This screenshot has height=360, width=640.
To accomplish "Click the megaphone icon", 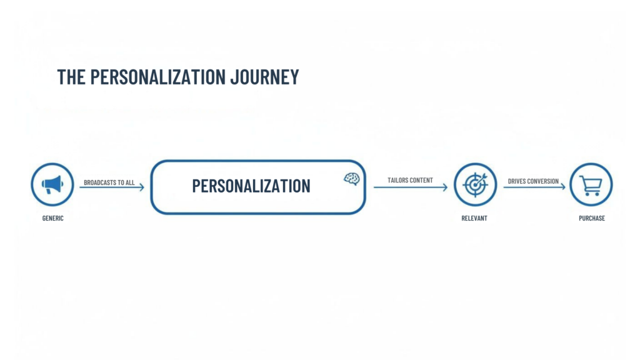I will click(52, 184).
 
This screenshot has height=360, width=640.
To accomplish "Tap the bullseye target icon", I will click(475, 184).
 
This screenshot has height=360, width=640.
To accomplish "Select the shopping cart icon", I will click(591, 184).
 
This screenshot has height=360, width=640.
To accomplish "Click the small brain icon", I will click(352, 179).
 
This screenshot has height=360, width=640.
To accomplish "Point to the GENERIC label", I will click(52, 218).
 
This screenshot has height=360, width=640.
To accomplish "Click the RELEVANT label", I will click(474, 218).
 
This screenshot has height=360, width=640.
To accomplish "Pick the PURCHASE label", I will click(591, 218).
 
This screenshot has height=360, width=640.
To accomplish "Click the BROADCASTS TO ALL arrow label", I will click(109, 182).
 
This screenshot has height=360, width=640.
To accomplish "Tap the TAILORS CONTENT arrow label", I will click(410, 181).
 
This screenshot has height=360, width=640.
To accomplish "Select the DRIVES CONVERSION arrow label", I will click(533, 181).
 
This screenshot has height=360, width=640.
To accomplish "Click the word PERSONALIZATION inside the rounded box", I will click(251, 186).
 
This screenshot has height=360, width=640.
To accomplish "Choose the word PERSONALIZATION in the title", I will click(157, 77).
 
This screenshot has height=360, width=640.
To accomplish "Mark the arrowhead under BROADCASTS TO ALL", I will click(142, 187).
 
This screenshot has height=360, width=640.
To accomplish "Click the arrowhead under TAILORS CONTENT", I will click(445, 187).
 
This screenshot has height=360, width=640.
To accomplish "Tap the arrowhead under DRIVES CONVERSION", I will click(562, 186).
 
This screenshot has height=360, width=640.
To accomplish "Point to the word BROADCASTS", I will click(100, 182).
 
